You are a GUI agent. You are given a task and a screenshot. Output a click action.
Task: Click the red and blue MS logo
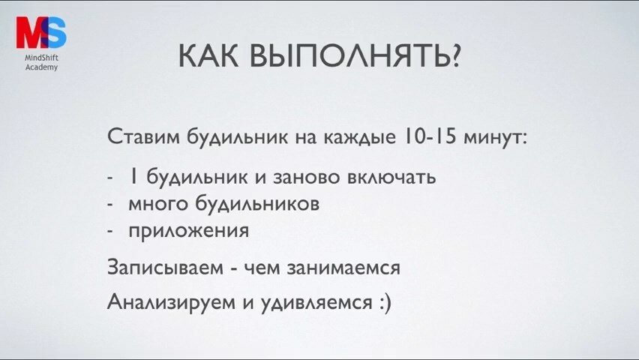click(x=41, y=32)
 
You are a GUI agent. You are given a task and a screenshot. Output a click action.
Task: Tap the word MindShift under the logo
click(x=41, y=58)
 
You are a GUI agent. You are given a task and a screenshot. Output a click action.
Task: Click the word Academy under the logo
click(x=41, y=67)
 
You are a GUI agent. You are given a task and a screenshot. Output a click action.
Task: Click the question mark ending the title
click(x=454, y=55)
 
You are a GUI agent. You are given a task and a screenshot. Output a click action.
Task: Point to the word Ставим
click(x=143, y=137)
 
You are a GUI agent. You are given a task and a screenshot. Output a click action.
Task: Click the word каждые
click(x=359, y=138)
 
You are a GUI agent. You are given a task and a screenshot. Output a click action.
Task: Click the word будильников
click(x=257, y=203)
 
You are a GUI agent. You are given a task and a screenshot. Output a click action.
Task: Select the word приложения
click(x=189, y=232)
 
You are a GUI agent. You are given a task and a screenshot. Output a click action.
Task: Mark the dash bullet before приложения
click(x=110, y=231)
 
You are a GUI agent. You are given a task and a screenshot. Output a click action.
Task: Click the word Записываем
click(x=166, y=268)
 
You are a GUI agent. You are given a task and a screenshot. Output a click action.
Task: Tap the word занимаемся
click(x=343, y=268)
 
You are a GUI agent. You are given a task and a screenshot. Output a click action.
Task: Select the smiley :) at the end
click(x=385, y=303)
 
